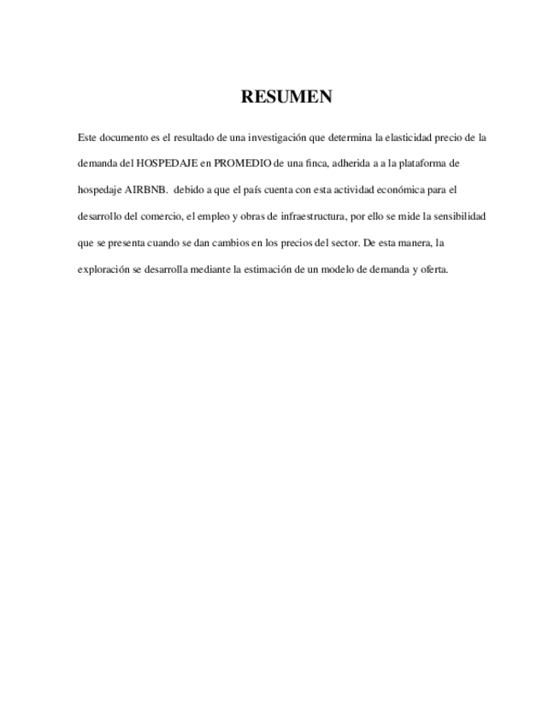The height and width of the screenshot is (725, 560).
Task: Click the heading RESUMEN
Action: coord(286,97)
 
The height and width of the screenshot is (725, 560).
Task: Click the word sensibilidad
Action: coord(457,216)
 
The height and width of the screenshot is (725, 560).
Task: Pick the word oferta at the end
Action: coord(431,269)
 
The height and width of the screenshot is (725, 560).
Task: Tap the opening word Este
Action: coord(86,137)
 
